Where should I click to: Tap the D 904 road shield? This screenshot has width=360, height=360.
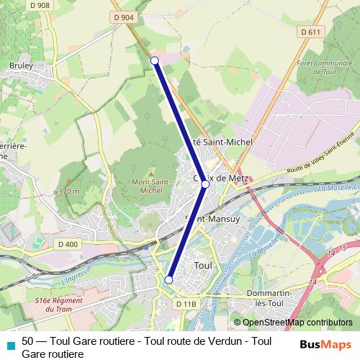click(123, 17)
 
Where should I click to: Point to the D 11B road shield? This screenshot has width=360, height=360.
click(185, 305)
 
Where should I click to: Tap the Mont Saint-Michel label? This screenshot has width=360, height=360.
click(150, 186)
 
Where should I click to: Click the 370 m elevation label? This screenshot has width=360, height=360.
click(69, 192)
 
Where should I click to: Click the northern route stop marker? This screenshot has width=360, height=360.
click(155, 60)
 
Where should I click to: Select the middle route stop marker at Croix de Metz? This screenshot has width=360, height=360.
click(205, 185)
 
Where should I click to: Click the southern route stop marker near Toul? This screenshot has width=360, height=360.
click(169, 280)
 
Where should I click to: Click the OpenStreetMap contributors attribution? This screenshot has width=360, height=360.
click(293, 323)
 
